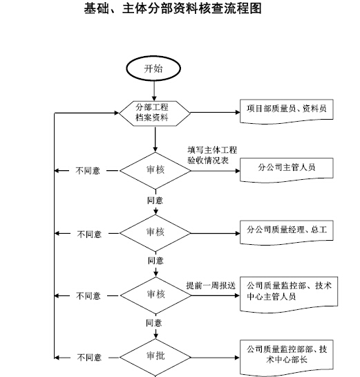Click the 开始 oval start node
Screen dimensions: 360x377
153,68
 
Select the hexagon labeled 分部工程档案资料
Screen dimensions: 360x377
154,113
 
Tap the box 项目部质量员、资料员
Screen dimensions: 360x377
287,111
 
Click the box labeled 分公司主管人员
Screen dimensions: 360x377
287,170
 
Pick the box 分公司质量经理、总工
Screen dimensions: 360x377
287,232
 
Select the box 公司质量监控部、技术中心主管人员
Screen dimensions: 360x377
289,295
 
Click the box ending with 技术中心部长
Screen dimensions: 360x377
287,358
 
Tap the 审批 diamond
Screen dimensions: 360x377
155,358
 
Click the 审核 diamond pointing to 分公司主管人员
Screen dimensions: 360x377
155,171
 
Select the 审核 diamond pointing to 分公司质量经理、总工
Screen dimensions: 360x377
155,233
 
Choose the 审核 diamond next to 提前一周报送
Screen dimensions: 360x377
155,295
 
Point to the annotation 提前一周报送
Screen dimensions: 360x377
211,286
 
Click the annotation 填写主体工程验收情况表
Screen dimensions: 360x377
212,155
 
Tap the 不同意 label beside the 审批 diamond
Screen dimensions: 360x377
89,358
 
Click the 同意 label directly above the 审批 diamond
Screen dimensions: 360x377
154,323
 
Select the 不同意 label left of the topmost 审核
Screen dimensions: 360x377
88,171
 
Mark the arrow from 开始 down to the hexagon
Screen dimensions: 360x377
154,91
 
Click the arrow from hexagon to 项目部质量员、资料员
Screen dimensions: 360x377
215,112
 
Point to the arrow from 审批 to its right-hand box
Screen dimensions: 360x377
216,358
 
